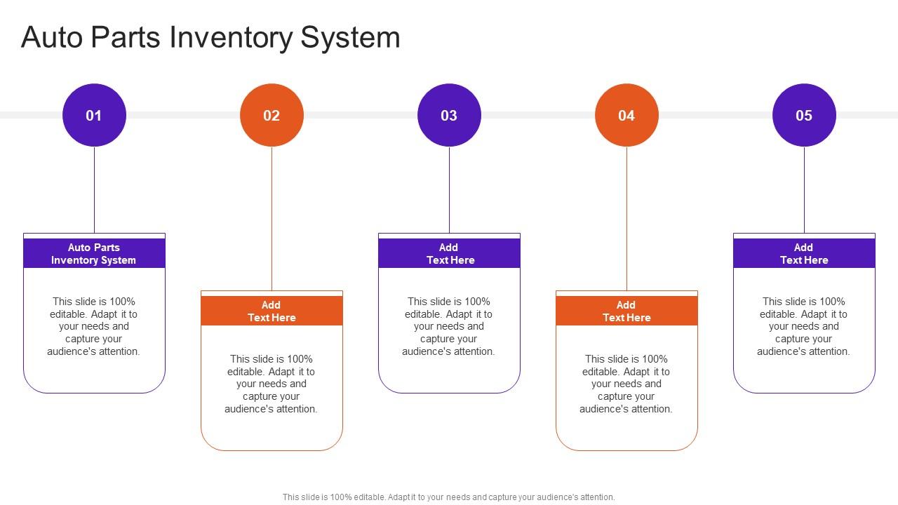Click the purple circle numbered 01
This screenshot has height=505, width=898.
(x=94, y=115)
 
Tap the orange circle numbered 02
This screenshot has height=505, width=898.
(x=272, y=115)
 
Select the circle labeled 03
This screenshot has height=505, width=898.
(x=449, y=115)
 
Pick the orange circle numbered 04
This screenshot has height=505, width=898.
(x=626, y=115)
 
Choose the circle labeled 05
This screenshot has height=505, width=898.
(x=804, y=115)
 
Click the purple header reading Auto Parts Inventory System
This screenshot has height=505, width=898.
(x=94, y=253)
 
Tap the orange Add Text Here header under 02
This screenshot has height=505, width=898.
(x=272, y=311)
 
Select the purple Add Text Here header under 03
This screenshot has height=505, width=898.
(x=449, y=253)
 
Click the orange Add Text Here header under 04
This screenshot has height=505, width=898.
(x=626, y=311)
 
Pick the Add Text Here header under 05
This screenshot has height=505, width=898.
(x=804, y=253)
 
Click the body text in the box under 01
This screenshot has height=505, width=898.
(x=94, y=326)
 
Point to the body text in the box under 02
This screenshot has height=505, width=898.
(x=272, y=384)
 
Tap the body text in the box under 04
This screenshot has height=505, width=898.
(x=626, y=384)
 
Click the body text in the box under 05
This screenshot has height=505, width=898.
(x=804, y=326)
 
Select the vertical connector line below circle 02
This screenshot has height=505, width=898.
(x=272, y=217)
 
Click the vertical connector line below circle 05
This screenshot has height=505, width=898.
(x=804, y=189)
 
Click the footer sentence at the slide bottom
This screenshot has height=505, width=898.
(x=449, y=497)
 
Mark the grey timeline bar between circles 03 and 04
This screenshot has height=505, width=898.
(x=537, y=115)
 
